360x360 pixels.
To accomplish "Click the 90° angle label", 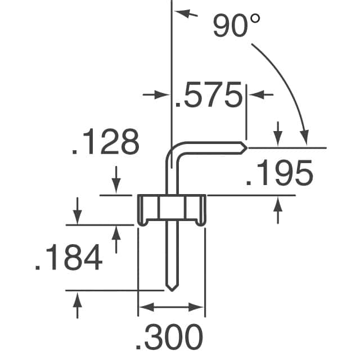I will point(237,26).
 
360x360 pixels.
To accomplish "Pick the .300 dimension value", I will point(169,338).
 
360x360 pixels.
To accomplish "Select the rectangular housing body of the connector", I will point(171,208).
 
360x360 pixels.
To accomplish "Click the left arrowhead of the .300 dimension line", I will point(144,307).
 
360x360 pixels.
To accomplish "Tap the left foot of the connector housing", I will point(141,223).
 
